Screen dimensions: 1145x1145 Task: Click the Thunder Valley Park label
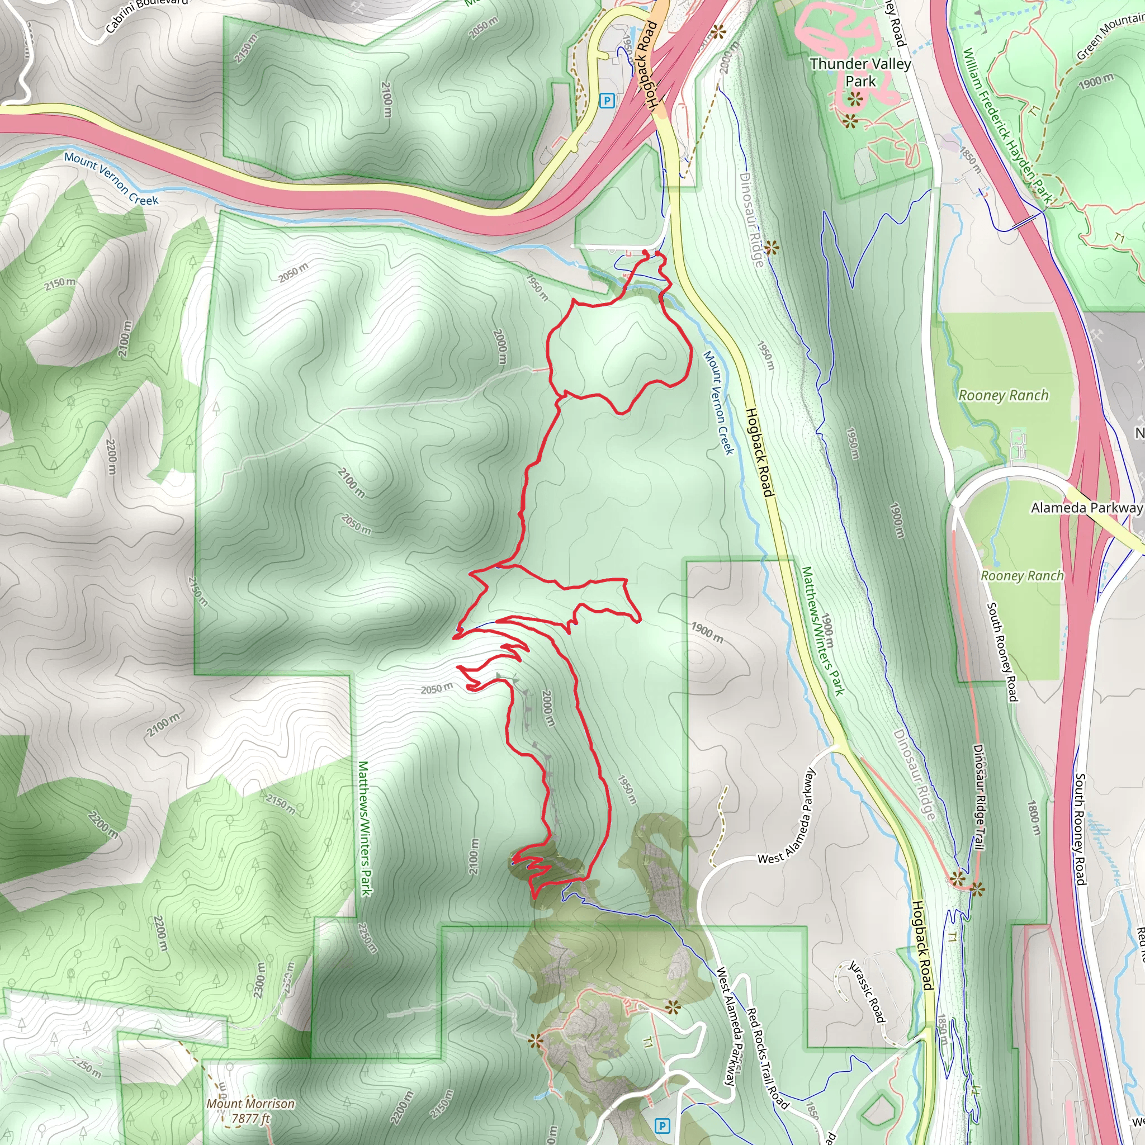click(860, 72)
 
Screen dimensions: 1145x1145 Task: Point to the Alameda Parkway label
click(1086, 508)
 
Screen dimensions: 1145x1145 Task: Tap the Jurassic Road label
click(867, 991)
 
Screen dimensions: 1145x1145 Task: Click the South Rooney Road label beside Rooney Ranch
click(1001, 652)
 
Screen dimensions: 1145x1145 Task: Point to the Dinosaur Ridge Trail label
click(978, 797)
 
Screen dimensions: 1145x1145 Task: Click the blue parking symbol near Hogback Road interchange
click(606, 101)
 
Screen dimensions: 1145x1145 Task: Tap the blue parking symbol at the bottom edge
click(663, 1125)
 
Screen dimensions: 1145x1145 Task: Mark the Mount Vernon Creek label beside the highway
click(111, 178)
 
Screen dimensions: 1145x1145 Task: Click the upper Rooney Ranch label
click(1004, 395)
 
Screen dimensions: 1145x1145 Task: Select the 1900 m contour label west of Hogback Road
click(707, 632)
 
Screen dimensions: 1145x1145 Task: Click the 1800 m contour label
click(1034, 818)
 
